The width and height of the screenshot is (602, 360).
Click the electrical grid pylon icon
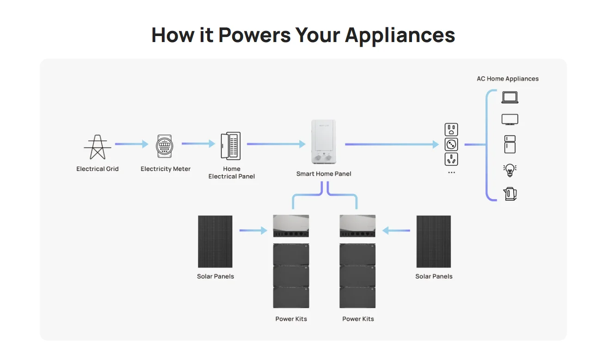[97, 147]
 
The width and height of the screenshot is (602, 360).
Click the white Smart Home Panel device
[324, 142]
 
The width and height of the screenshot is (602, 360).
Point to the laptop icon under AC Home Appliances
[510, 98]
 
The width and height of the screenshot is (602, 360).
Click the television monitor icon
[510, 119]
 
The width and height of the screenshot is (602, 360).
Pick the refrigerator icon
[510, 144]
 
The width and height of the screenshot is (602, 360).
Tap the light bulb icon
[510, 170]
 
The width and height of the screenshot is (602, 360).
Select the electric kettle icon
[510, 194]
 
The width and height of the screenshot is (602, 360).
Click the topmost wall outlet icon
[451, 129]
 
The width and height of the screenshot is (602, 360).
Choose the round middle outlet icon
[451, 145]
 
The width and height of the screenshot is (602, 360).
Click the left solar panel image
[215, 241]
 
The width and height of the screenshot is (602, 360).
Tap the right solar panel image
[433, 241]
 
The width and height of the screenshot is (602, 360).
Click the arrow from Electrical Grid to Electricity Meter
[131, 144]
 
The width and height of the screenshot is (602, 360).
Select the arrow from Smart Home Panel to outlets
[391, 145]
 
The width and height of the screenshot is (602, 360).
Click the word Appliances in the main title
[400, 35]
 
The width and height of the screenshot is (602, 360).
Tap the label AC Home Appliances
[507, 79]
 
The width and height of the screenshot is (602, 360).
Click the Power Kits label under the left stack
[291, 319]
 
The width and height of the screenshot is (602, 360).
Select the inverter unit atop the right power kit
[357, 226]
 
